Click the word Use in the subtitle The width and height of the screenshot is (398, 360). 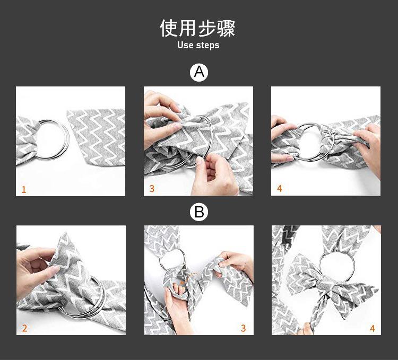pyautogui.click(x=185, y=45)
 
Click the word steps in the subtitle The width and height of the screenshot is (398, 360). pyautogui.click(x=207, y=46)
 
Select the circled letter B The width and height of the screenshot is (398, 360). pyautogui.click(x=199, y=213)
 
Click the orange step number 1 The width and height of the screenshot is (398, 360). pyautogui.click(x=23, y=189)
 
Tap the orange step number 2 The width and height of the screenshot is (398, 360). pyautogui.click(x=24, y=328)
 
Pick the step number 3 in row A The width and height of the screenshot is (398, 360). pyautogui.click(x=152, y=189)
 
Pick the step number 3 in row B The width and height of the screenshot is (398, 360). pyautogui.click(x=243, y=328)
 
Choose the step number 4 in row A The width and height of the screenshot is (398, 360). pyautogui.click(x=279, y=189)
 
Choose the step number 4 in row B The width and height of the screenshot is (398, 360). pyautogui.click(x=372, y=328)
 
